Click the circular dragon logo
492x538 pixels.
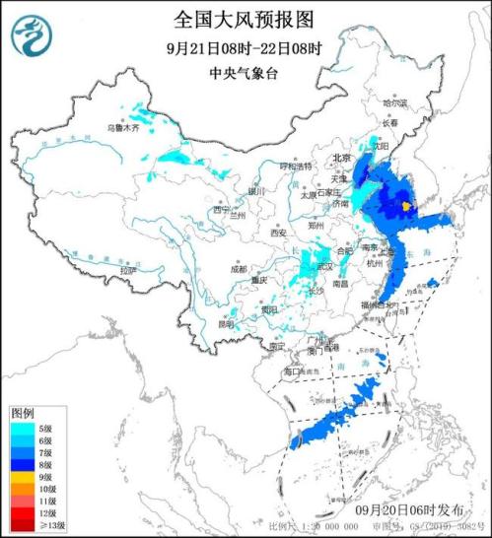pyautogui.click(x=31, y=37)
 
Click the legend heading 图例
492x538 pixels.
pyautogui.click(x=23, y=411)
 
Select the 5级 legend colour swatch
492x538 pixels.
pyautogui.click(x=23, y=428)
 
